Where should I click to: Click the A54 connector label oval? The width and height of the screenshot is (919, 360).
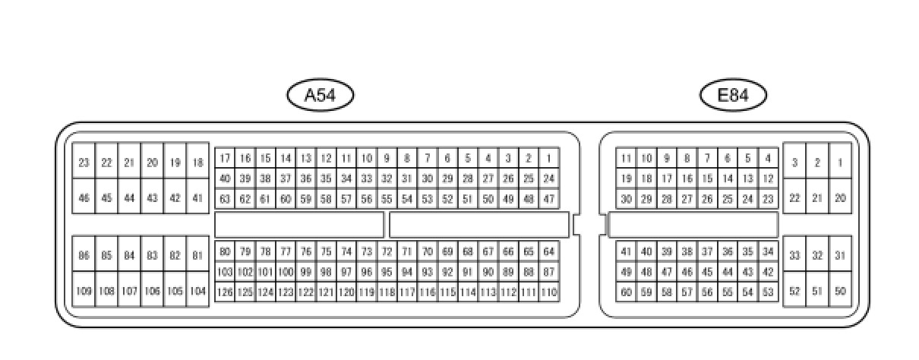[320, 96]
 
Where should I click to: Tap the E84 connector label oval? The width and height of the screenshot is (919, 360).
[733, 96]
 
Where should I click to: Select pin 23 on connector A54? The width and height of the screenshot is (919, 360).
[84, 163]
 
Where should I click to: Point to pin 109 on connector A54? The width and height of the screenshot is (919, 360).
[84, 291]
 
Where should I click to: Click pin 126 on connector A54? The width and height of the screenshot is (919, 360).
[225, 292]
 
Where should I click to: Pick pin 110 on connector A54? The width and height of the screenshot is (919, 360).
[549, 292]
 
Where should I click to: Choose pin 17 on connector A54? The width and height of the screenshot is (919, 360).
[225, 159]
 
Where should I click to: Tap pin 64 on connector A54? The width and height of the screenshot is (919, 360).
[549, 251]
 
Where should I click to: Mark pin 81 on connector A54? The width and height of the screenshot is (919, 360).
[197, 256]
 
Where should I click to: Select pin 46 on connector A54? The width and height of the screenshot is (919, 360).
[84, 198]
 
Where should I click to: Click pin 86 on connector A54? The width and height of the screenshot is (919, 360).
[84, 256]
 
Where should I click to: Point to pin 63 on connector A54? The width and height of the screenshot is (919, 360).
[225, 200]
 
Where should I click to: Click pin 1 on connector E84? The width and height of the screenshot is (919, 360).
[840, 163]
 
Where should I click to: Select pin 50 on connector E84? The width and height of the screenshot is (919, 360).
[840, 291]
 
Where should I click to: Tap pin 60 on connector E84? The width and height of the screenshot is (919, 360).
[626, 292]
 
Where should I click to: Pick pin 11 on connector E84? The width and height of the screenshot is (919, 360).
[626, 159]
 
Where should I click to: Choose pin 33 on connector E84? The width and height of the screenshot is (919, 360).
[794, 256]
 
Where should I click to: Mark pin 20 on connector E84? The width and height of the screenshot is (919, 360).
[840, 198]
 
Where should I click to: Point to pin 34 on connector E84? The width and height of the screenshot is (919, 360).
[768, 251]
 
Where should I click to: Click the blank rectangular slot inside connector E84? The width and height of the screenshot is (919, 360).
[693, 225]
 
